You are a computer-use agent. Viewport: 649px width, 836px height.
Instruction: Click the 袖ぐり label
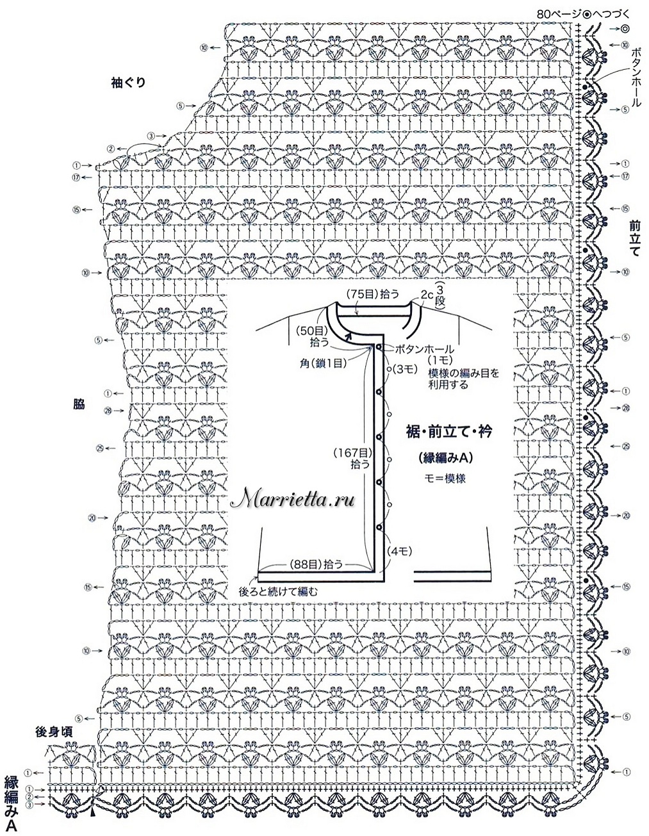tap(127, 82)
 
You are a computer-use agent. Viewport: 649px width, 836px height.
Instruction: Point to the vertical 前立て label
tap(635, 238)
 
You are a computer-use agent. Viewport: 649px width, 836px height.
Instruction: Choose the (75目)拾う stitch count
tap(374, 294)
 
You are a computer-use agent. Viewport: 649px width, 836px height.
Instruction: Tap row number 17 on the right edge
tap(625, 176)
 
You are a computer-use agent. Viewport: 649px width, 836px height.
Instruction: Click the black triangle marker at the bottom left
tap(93, 813)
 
